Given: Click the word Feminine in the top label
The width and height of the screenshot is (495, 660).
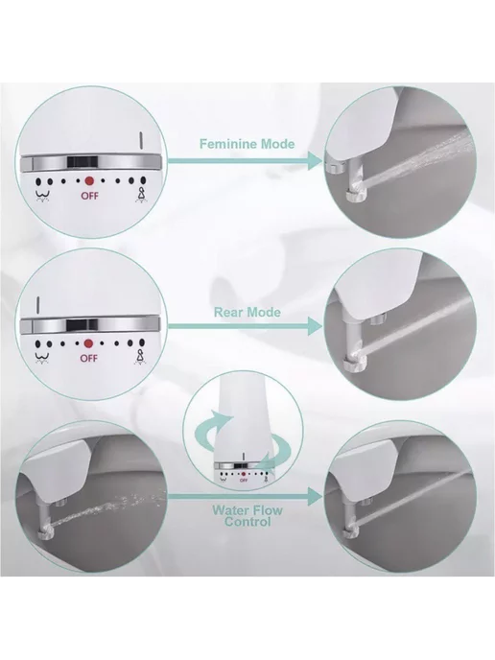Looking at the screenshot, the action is pos(228,144).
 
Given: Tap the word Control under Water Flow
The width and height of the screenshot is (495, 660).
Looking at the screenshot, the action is pos(247,522).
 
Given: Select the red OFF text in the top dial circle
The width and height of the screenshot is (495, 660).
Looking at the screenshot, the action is pos(89,196).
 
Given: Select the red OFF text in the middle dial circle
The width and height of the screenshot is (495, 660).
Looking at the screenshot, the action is pos(89,358).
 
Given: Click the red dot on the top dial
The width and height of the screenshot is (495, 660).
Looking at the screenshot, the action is pos(89,181).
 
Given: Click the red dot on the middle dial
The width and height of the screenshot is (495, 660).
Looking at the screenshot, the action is pos(88,343).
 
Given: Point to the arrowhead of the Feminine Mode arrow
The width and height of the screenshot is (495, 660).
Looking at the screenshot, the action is pos(316,160).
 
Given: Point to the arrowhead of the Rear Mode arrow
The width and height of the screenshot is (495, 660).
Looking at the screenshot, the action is pos(316,326).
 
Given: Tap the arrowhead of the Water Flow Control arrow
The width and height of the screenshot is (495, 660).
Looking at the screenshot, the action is pos(316,497).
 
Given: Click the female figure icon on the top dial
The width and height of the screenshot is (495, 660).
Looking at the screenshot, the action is pos(141,195).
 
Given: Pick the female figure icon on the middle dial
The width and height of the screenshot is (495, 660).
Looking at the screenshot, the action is pos(140,358).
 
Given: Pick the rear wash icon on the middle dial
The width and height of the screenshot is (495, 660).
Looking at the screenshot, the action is pos(42,358).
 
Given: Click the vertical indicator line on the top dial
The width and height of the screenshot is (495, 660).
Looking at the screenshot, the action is pos(141,140).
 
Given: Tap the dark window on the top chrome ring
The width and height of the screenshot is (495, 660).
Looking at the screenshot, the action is pos(82,161).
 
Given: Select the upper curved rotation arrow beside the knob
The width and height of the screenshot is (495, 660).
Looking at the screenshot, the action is pos(210,424).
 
